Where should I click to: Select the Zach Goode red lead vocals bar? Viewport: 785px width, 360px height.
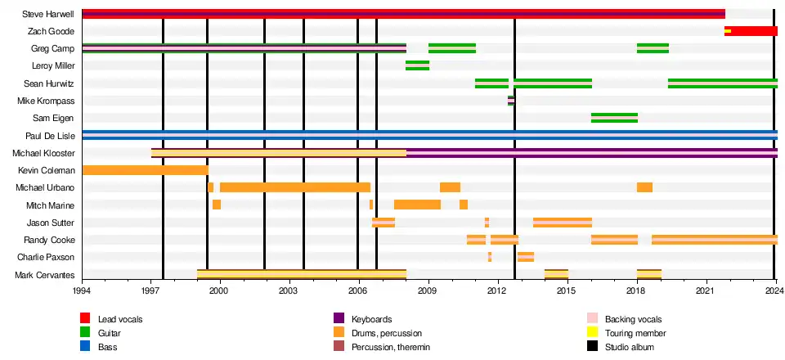[753, 31]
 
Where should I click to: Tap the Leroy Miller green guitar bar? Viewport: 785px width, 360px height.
[417, 65]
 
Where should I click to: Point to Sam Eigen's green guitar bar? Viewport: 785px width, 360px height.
[614, 118]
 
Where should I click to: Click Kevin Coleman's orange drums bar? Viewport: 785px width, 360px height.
[145, 170]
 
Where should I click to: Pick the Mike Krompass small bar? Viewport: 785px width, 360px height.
[511, 101]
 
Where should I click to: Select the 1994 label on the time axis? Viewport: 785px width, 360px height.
[82, 290]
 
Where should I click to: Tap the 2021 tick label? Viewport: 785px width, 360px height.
[706, 290]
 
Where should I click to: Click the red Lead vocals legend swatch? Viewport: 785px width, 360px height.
[85, 318]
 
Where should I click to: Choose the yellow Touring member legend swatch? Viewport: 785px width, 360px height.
[593, 333]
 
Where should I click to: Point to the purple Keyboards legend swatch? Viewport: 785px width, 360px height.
[339, 318]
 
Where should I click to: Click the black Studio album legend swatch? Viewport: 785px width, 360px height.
[593, 347]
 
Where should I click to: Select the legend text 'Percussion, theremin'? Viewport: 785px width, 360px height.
[390, 347]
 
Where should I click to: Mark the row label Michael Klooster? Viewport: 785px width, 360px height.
[43, 153]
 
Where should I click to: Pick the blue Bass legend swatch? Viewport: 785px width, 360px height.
[85, 347]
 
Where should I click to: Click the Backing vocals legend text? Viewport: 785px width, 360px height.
[633, 318]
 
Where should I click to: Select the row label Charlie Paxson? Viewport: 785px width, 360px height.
[47, 257]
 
